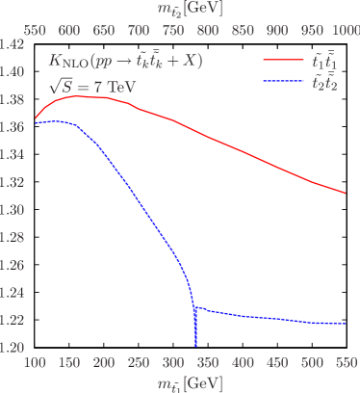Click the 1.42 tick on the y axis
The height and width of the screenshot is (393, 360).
coord(13,44)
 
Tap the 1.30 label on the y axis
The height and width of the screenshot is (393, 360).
coord(13,209)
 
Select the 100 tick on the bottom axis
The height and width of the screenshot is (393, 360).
coord(35,362)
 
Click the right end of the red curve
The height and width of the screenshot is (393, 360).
coord(345,193)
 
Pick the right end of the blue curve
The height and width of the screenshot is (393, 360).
coord(345,325)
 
